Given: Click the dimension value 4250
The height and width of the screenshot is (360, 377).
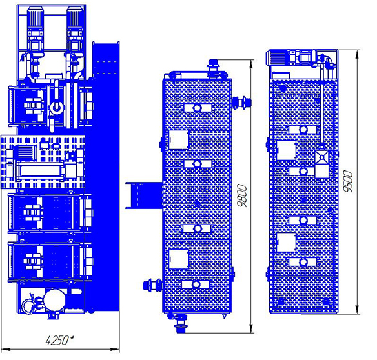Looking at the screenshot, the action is (x=57, y=340).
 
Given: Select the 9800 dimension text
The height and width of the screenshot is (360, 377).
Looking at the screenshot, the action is (x=242, y=195).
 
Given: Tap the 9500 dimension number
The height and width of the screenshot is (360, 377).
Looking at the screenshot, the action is (x=348, y=181).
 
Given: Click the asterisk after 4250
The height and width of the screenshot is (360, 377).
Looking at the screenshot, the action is (x=72, y=338).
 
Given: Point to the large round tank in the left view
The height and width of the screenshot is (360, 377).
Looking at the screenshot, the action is (x=55, y=299).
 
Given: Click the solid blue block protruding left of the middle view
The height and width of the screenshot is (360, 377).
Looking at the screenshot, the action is (x=144, y=195).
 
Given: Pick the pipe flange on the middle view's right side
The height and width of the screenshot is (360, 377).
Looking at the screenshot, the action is (x=242, y=103).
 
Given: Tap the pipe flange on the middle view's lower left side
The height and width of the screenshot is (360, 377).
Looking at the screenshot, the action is (x=152, y=285).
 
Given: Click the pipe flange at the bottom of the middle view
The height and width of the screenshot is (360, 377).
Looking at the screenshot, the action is (x=181, y=324).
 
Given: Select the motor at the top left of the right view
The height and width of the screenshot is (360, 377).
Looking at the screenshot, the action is (x=277, y=57).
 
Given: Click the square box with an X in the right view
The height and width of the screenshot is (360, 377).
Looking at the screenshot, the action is (x=322, y=157).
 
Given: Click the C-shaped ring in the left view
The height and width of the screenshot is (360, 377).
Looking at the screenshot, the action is (x=57, y=108).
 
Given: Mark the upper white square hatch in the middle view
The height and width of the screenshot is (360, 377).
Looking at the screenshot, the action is (x=179, y=139).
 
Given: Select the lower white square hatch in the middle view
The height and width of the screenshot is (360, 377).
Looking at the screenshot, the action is (x=179, y=259).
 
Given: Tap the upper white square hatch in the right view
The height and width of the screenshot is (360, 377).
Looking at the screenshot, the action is (x=286, y=150).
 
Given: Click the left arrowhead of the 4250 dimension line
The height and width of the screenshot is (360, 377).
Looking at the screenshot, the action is (x=5, y=349).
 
